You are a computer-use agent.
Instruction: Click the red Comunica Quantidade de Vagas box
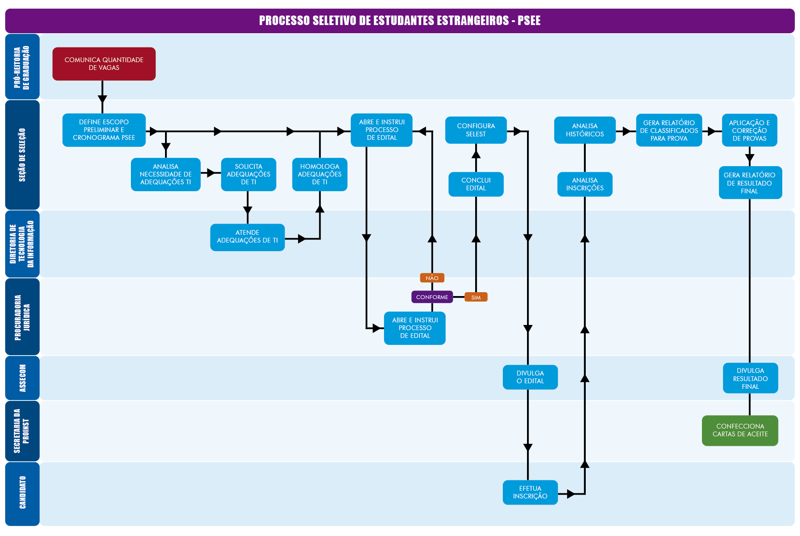click(104, 64)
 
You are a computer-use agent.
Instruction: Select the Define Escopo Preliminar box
click(104, 130)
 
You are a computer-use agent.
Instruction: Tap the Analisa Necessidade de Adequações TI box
click(165, 174)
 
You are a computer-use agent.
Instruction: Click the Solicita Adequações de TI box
click(248, 174)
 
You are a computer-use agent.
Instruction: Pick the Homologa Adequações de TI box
click(320, 174)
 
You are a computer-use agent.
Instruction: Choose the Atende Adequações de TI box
click(247, 237)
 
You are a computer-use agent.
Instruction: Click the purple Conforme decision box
click(432, 297)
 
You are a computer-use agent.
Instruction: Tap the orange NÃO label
click(432, 278)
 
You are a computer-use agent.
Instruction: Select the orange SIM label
click(476, 297)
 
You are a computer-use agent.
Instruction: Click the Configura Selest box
click(476, 130)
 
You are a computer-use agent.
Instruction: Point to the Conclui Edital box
click(476, 184)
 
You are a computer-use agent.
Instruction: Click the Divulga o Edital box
click(530, 377)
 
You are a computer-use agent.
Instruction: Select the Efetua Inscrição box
click(530, 492)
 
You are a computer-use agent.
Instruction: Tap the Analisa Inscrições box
click(584, 184)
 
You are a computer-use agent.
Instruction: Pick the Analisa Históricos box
click(584, 130)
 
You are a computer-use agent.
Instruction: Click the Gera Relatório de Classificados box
click(669, 130)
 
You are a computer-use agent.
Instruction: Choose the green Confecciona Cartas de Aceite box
click(740, 430)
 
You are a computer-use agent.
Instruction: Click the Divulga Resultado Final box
click(750, 378)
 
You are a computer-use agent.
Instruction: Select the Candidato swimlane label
click(22, 493)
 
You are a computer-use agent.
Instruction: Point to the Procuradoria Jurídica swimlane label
click(22, 317)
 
